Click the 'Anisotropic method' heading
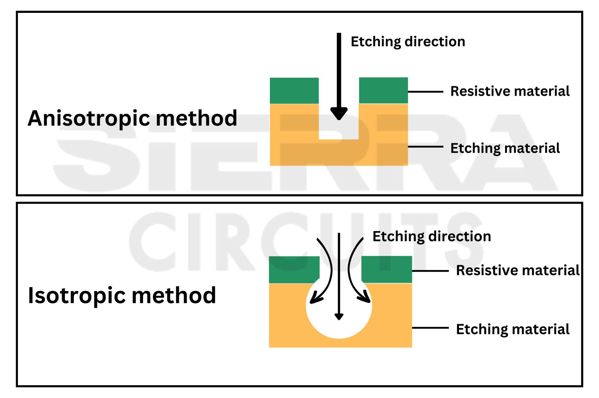[132, 118]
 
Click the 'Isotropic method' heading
[122, 295]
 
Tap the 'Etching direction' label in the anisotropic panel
[408, 42]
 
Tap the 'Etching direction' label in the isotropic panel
[431, 236]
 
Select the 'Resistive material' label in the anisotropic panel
[510, 91]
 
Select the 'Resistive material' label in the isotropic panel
[517, 270]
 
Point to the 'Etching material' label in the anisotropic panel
[505, 148]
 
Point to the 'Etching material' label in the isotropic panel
[512, 329]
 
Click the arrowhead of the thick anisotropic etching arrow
[339, 114]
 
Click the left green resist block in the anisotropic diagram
[294, 91]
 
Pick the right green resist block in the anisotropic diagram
[383, 91]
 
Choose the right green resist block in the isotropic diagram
[387, 269]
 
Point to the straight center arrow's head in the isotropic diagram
[339, 316]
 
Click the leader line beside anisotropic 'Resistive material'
[425, 92]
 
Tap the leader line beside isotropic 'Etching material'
[430, 328]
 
